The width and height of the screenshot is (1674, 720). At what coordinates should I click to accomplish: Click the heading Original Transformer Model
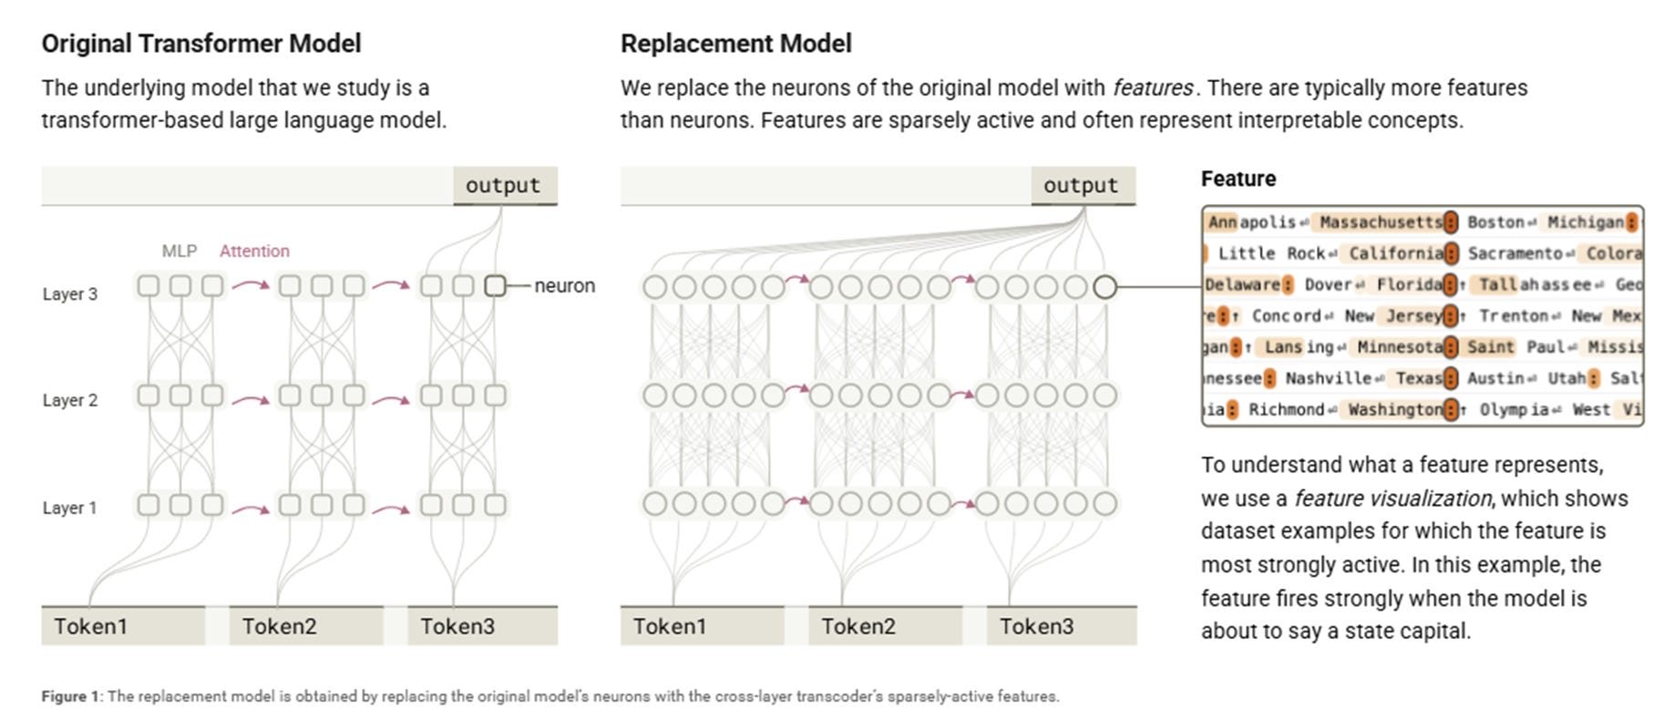click(x=200, y=44)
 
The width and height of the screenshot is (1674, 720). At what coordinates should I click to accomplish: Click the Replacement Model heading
click(x=735, y=44)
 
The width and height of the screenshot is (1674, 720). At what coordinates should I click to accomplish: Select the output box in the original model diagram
click(x=503, y=186)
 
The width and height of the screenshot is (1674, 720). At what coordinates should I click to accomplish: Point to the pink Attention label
click(x=254, y=252)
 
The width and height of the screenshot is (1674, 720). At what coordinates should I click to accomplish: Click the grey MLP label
click(x=179, y=252)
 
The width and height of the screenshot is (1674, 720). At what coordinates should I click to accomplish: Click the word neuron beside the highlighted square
click(x=564, y=286)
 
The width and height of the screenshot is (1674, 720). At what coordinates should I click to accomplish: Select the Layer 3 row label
click(x=69, y=294)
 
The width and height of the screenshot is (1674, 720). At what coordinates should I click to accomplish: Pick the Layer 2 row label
click(x=69, y=400)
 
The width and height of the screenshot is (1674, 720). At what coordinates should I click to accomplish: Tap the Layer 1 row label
click(x=69, y=508)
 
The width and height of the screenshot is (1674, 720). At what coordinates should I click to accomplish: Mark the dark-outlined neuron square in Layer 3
click(x=495, y=286)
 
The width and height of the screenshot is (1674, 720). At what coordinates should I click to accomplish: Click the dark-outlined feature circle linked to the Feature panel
click(x=1104, y=287)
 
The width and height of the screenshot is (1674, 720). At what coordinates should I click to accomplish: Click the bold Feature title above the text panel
click(x=1238, y=179)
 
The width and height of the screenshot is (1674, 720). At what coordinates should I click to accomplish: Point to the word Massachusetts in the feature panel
click(x=1381, y=222)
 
